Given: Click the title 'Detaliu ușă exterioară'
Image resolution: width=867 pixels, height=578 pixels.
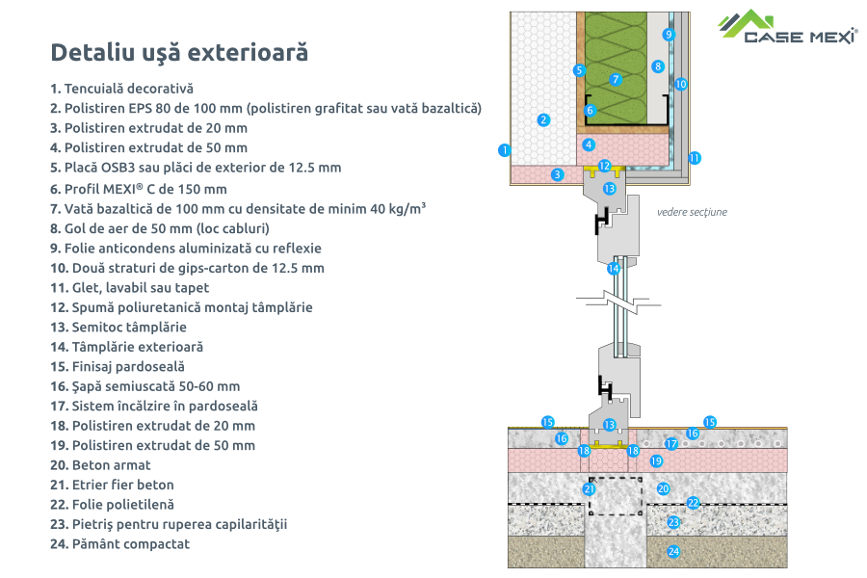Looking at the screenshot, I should pos(179,51).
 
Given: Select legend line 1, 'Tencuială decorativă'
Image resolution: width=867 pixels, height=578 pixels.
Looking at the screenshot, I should pos(122,88).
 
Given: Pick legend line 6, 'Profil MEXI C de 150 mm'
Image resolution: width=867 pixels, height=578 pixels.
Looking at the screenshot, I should pos(138,188).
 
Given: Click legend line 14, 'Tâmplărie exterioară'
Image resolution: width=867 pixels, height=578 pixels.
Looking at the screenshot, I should pos(127,347).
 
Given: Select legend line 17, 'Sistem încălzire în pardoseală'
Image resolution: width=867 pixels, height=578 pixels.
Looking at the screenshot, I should pos(154,407).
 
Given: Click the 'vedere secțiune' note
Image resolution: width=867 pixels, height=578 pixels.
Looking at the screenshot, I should pos(691,212).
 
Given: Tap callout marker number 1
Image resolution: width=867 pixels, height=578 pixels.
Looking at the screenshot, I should pos(503,149).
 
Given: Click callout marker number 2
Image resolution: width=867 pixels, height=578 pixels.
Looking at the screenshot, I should pos(543,119).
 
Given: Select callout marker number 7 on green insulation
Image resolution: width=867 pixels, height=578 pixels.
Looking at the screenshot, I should pos(616,79).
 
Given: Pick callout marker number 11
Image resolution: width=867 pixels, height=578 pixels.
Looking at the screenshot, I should pos(695,156).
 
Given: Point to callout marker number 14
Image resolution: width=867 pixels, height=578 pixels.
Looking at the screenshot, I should pos(614,269).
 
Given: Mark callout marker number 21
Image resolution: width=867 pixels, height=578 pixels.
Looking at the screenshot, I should pos(590,489).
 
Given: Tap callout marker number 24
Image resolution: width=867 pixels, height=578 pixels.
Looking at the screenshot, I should pos(673,552).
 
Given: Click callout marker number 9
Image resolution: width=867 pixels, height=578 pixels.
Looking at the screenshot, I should pos(669,35).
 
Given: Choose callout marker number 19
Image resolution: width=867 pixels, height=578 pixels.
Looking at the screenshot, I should pos(656,461).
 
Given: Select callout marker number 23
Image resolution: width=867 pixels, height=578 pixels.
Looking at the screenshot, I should pos(673,522).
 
